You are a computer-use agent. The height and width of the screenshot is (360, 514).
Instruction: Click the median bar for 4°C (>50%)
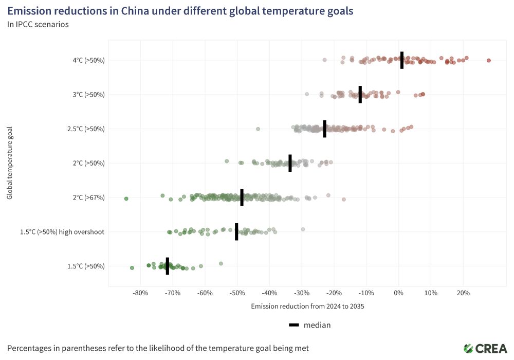click(402, 60)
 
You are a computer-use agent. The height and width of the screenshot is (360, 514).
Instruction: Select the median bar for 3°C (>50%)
click(360, 95)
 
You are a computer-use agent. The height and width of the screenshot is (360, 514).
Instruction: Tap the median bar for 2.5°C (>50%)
click(325, 129)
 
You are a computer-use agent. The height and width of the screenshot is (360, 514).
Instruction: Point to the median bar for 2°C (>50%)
click(290, 163)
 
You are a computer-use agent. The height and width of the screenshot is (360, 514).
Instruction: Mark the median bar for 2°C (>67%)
click(242, 197)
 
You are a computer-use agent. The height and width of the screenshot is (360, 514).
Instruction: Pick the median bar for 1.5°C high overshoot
click(236, 232)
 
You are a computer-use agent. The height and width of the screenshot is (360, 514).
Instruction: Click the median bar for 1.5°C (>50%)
click(168, 266)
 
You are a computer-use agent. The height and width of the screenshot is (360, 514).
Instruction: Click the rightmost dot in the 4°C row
click(489, 60)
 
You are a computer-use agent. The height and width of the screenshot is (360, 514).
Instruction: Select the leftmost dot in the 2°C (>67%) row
click(126, 199)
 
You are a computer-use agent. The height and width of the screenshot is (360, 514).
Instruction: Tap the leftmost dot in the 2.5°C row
click(258, 129)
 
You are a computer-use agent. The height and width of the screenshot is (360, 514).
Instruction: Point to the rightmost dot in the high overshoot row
click(303, 229)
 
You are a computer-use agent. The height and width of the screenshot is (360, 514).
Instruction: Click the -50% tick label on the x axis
click(237, 293)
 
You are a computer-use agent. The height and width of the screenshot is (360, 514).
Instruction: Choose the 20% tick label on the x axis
click(463, 293)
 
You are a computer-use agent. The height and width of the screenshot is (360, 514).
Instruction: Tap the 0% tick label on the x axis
click(398, 293)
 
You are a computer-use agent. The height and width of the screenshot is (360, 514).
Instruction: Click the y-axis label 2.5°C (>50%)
click(86, 129)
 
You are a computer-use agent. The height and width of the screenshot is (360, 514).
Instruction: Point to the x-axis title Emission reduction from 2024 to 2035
click(307, 306)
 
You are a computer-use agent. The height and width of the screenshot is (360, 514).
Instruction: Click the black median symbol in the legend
click(294, 325)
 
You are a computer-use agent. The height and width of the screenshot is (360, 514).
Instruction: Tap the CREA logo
click(485, 348)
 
